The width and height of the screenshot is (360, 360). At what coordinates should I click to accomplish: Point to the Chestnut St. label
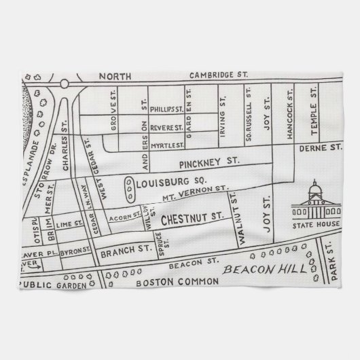point(192,219)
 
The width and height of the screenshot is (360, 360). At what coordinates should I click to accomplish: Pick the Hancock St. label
point(289,109)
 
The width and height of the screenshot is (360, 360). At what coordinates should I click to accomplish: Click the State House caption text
point(313,226)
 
